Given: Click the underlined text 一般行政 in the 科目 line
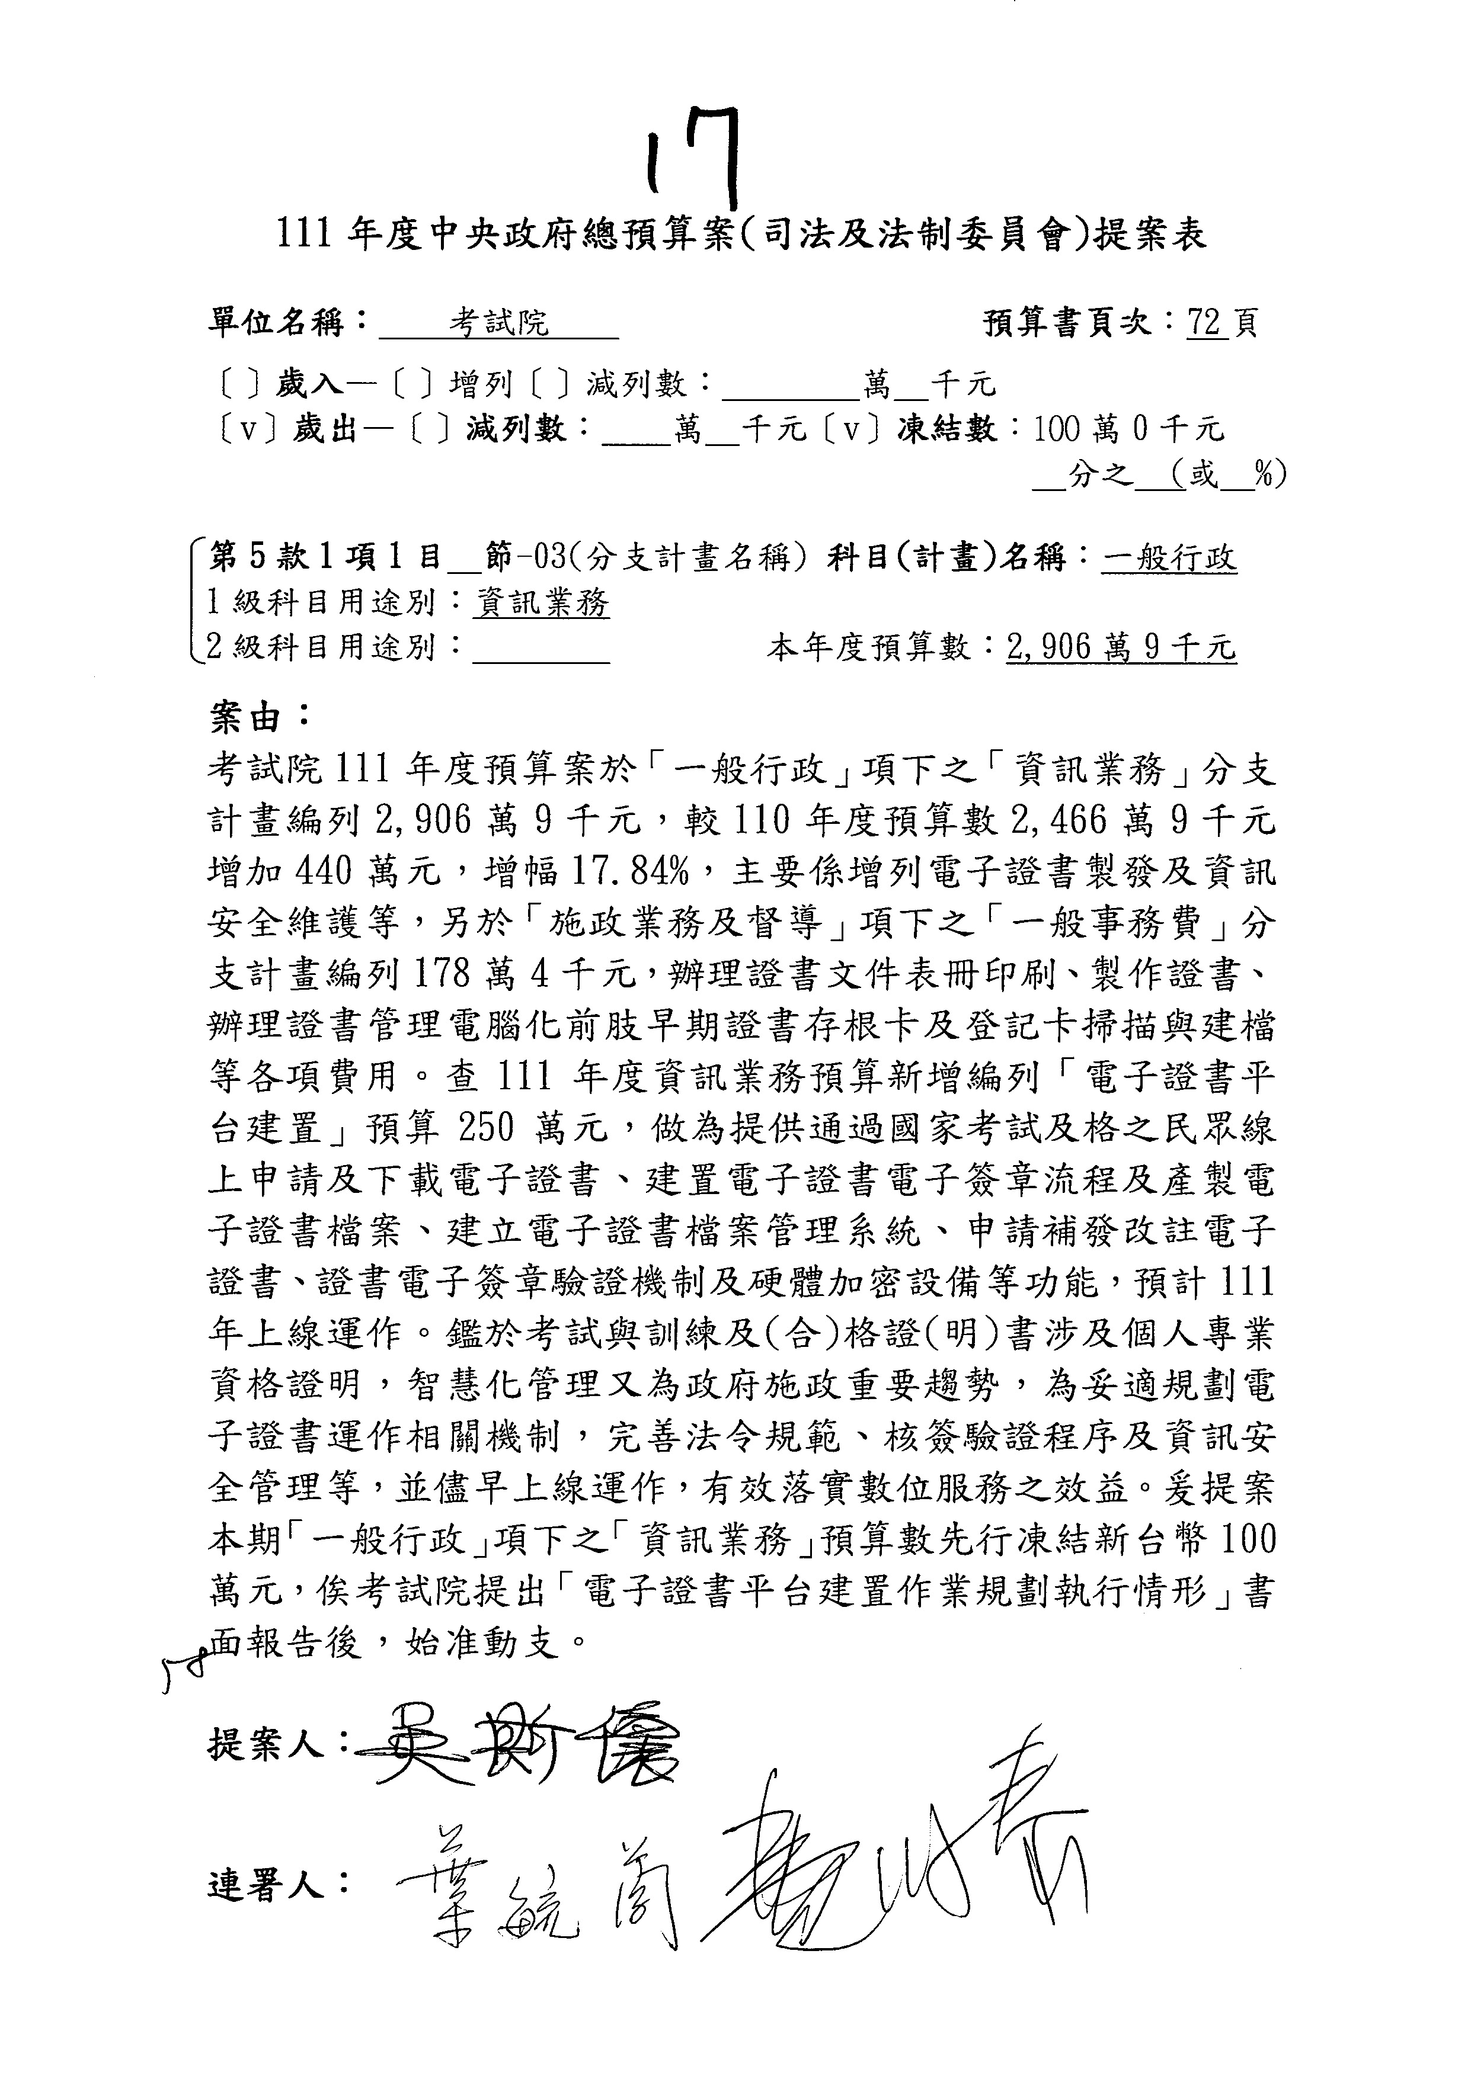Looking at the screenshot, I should (x=1169, y=558).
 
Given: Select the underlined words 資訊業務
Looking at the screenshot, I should (x=541, y=602).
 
